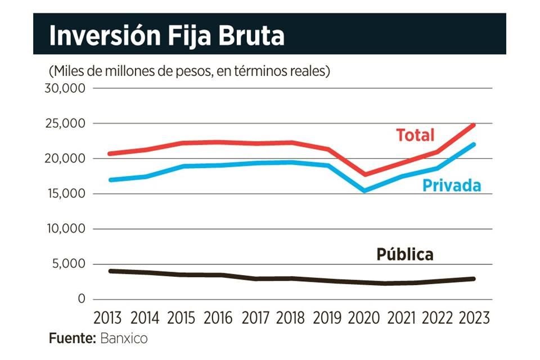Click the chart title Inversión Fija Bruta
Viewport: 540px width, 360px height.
tap(166, 36)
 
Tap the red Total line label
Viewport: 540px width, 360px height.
tap(415, 135)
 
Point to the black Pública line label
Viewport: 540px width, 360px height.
tap(404, 254)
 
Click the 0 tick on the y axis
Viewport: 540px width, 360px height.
tap(81, 299)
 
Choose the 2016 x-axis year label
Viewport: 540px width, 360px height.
tap(218, 318)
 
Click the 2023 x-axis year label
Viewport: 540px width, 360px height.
tap(474, 318)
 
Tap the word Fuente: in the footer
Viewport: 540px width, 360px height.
tap(72, 339)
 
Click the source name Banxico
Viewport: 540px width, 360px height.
tap(124, 339)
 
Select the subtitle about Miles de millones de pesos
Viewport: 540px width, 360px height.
tap(189, 71)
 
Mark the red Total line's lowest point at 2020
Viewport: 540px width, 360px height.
tap(364, 174)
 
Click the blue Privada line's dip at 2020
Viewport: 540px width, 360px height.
tap(364, 191)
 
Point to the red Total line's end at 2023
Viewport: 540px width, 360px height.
tap(474, 125)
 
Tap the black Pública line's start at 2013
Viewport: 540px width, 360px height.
tap(110, 271)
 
